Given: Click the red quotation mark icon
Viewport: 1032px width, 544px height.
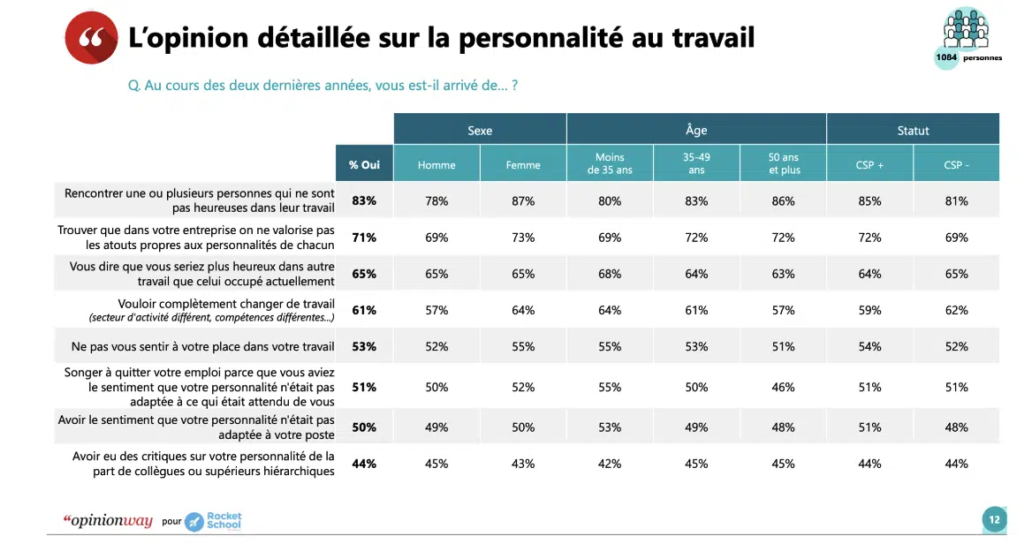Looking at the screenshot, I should click(90, 38).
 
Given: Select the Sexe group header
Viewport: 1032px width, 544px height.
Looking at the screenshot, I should click(480, 130).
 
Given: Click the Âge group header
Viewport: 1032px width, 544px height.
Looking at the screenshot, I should click(696, 130).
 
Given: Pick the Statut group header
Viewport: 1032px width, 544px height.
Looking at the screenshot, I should click(913, 130).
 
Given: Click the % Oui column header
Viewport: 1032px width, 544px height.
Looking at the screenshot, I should click(364, 164).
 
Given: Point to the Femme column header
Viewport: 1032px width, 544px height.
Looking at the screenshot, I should click(523, 164).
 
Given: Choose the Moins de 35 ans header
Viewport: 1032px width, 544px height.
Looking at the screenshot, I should click(610, 164).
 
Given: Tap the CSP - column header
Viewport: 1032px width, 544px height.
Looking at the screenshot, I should click(956, 164).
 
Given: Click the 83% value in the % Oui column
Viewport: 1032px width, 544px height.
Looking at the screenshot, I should click(364, 200).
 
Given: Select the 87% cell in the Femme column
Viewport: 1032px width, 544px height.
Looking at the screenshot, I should click(523, 200).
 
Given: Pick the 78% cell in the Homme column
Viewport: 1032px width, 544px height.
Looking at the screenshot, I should click(436, 200).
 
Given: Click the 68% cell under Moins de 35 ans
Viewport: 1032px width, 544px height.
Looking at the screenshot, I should click(610, 274).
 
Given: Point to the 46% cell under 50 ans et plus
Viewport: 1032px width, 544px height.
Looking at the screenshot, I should click(783, 387).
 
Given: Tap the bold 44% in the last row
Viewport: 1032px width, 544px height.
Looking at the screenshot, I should click(364, 464).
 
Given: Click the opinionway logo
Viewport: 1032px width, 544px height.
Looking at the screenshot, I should click(108, 520).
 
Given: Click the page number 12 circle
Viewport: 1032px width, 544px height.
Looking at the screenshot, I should click(994, 519).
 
